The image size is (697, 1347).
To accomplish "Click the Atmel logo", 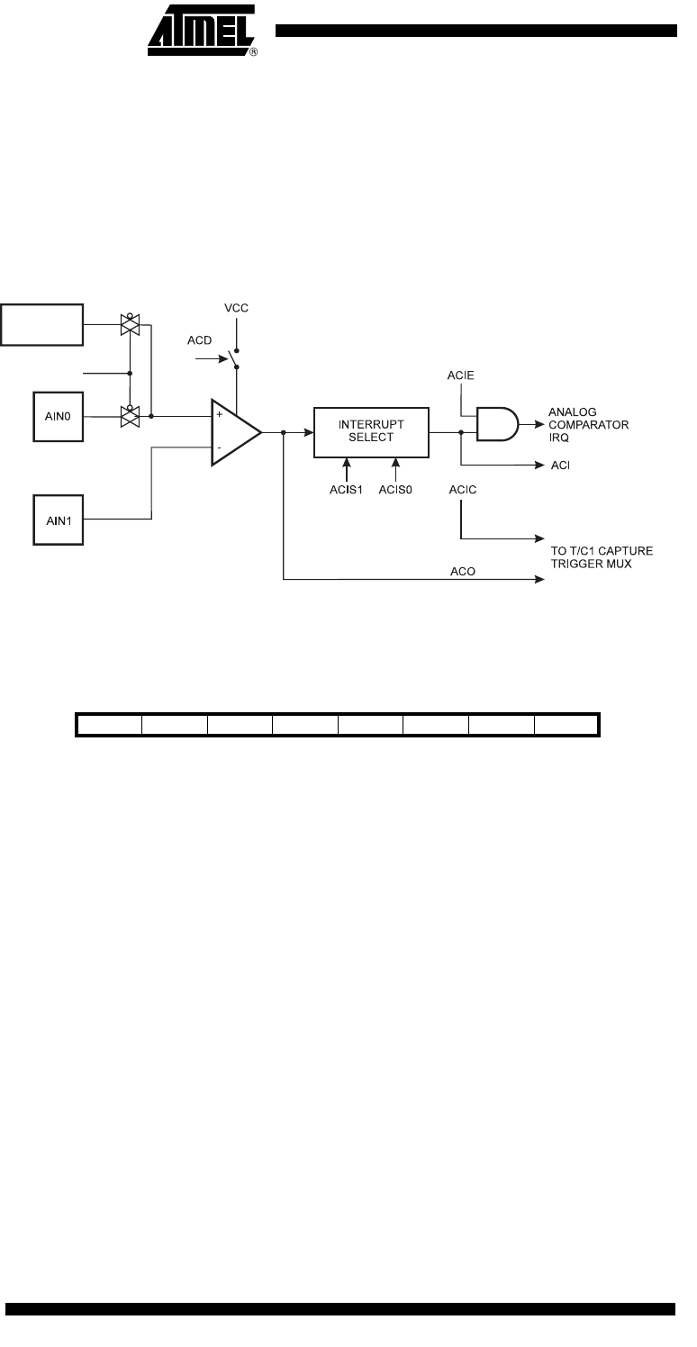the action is [x=203, y=31].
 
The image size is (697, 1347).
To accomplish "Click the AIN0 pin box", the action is [x=58, y=417].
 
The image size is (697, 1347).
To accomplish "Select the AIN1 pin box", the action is [x=58, y=520].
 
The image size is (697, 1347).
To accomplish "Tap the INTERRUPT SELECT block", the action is [x=371, y=432].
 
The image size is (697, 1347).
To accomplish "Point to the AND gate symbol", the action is [x=497, y=424].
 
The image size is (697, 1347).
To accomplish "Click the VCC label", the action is [x=236, y=308].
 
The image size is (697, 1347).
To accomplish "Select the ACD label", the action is [x=200, y=340].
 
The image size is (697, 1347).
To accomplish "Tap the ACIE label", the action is [x=461, y=375].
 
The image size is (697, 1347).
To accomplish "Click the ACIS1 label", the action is [x=347, y=490].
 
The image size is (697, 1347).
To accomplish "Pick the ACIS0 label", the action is [x=395, y=490].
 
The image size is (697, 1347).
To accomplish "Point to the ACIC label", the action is [x=463, y=490].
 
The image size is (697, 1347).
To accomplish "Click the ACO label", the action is [x=463, y=571].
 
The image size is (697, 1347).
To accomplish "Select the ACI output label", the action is [x=560, y=466].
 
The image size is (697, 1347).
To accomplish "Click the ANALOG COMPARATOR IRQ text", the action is [x=588, y=425].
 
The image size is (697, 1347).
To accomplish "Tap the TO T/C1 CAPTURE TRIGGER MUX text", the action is [x=602, y=556].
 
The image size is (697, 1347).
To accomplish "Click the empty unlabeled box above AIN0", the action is [x=41, y=325].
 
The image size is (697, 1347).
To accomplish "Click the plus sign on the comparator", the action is [x=220, y=414].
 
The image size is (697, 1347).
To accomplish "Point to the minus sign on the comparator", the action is [x=219, y=448].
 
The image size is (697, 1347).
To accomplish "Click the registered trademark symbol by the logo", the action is [x=254, y=52].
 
